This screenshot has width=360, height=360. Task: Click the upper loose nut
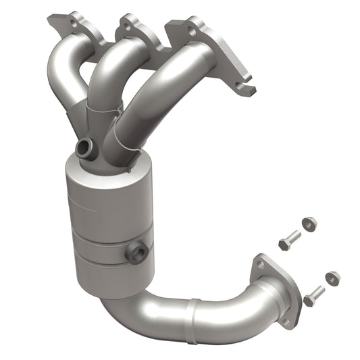coord(309,224)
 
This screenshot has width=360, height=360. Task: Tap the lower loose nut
coord(332,278)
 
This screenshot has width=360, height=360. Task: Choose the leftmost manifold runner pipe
coord(64,74)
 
